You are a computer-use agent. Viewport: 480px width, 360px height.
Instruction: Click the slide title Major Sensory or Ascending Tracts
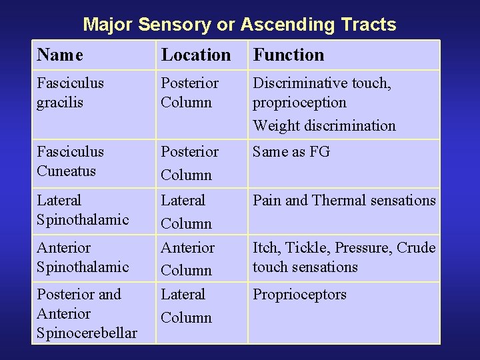point(239,25)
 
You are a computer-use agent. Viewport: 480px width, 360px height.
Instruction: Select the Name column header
point(60,55)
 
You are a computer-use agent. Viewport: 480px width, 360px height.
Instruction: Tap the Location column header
point(195,55)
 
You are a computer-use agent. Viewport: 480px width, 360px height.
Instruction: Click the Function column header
point(289,55)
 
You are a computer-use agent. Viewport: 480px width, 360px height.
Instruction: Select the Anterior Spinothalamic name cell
point(83,257)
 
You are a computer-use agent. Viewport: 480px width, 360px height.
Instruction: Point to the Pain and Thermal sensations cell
point(344,200)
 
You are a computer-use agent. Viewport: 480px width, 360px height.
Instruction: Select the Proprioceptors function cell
point(299,295)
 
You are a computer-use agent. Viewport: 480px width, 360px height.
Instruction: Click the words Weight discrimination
point(324,125)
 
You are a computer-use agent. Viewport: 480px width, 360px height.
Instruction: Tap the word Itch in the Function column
point(266,248)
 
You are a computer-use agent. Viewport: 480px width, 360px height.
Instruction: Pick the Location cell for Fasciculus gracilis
point(190,93)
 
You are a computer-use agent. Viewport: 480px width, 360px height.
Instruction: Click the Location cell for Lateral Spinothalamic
point(186,211)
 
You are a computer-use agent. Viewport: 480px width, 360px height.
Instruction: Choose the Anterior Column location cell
point(187,259)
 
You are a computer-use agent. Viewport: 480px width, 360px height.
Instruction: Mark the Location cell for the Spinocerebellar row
point(186,305)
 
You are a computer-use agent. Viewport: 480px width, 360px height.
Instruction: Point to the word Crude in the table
point(416,248)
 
